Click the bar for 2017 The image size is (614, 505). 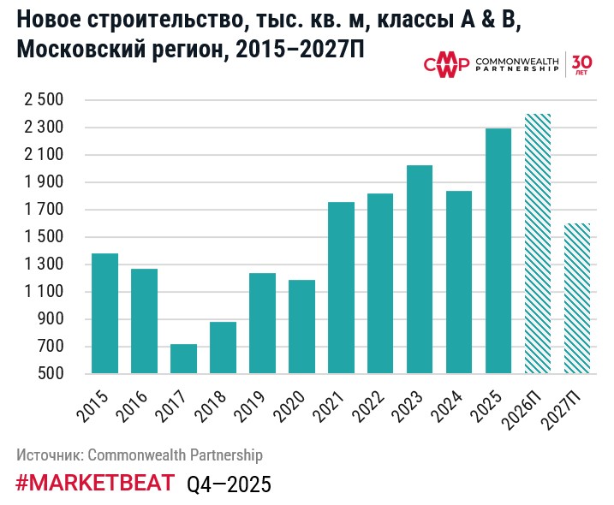tap(183, 359)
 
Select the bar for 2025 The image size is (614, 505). tap(498, 251)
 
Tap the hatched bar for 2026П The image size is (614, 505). tap(538, 244)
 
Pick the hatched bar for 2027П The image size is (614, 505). tap(577, 299)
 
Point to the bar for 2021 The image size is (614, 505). tap(341, 288)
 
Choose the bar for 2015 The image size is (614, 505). tap(104, 313)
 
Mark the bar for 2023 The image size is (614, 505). tap(420, 270)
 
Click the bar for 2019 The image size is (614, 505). tap(262, 324)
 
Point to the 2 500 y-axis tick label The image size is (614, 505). tap(43, 100)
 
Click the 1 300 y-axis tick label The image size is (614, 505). tap(43, 264)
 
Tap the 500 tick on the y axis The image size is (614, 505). tap(51, 374)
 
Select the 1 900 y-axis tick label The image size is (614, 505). tap(43, 182)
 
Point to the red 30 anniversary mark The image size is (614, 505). tap(581, 64)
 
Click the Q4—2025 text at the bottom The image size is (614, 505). tap(229, 484)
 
